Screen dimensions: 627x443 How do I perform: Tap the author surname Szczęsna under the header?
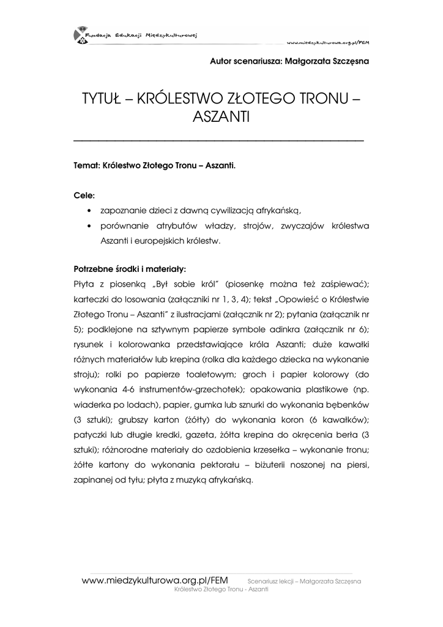pyautogui.click(x=346, y=61)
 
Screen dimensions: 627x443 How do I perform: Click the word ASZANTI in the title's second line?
pyautogui.click(x=221, y=117)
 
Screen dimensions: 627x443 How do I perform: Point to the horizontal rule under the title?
pyautogui.click(x=218, y=141)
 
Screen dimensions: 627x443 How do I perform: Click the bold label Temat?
pyautogui.click(x=87, y=166)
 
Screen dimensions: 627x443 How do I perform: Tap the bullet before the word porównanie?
pyautogui.click(x=91, y=227)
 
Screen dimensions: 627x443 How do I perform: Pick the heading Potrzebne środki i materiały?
pyautogui.click(x=130, y=269)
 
